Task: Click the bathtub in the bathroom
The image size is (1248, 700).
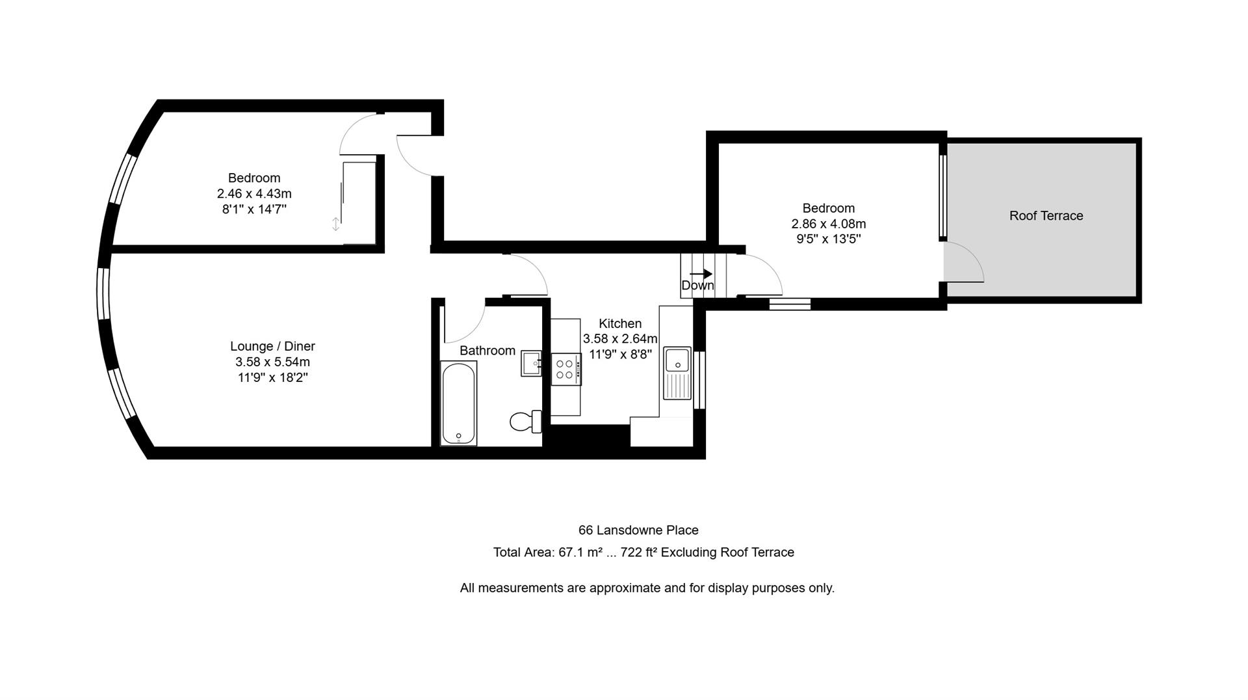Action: pyautogui.click(x=458, y=403)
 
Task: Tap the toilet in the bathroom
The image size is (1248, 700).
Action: pyautogui.click(x=524, y=422)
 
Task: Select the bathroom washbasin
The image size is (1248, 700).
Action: pyautogui.click(x=531, y=363)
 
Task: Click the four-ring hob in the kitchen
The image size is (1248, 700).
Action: pyautogui.click(x=565, y=369)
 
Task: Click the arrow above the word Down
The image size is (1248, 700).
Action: pyautogui.click(x=701, y=274)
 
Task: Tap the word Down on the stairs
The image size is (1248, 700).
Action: pyautogui.click(x=697, y=286)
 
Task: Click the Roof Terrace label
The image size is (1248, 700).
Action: pyautogui.click(x=1046, y=216)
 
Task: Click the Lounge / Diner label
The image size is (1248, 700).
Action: pyautogui.click(x=272, y=346)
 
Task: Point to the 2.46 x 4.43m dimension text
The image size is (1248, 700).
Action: pyautogui.click(x=254, y=194)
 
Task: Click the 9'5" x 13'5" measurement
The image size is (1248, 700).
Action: pyautogui.click(x=828, y=239)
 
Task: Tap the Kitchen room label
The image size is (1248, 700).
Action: pyautogui.click(x=619, y=323)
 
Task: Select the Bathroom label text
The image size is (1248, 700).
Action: pyautogui.click(x=487, y=351)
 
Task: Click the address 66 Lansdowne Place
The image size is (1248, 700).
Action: pyautogui.click(x=638, y=530)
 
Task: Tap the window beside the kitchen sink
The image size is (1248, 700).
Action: pyautogui.click(x=699, y=380)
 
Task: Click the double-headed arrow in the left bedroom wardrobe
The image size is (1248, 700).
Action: pyautogui.click(x=335, y=224)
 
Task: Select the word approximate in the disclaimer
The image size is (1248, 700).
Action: pyautogui.click(x=624, y=588)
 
